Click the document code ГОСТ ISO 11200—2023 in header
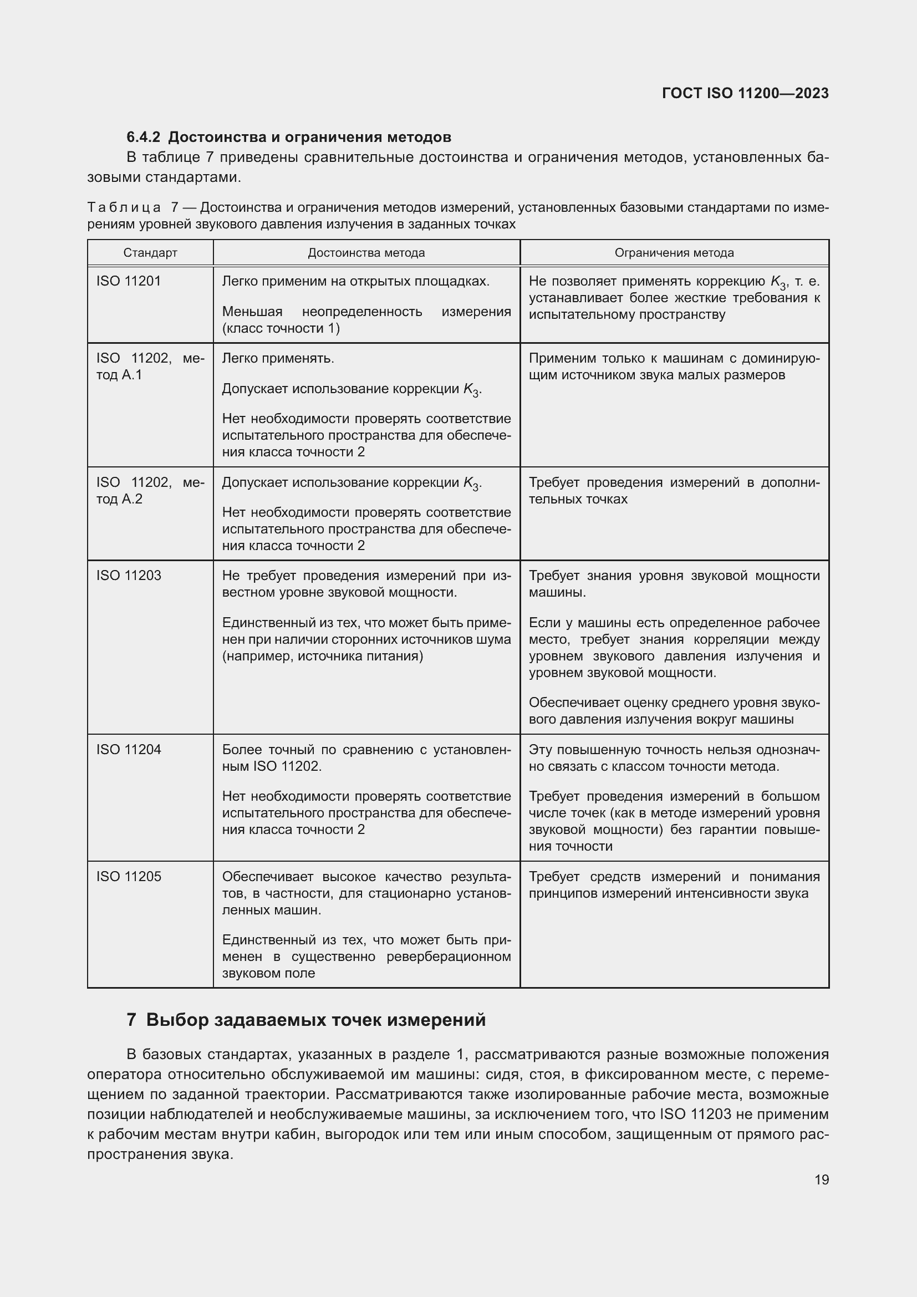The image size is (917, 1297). pyautogui.click(x=745, y=93)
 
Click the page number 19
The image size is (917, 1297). pyautogui.click(x=822, y=1179)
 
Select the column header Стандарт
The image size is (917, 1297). pyautogui.click(x=150, y=253)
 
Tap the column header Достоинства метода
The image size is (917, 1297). pyautogui.click(x=366, y=253)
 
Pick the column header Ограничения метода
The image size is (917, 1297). pyautogui.click(x=674, y=253)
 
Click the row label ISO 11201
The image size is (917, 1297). pyautogui.click(x=128, y=281)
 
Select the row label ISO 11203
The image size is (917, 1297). pyautogui.click(x=128, y=576)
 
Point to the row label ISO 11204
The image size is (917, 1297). pyautogui.click(x=128, y=750)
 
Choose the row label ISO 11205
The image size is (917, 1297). pyautogui.click(x=128, y=877)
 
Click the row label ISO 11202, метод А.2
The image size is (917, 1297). pyautogui.click(x=150, y=490)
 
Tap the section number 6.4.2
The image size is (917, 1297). pyautogui.click(x=144, y=138)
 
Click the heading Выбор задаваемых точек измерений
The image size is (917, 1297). pyautogui.click(x=315, y=1020)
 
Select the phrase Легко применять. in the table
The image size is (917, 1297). pyautogui.click(x=278, y=359)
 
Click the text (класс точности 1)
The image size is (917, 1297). pyautogui.click(x=281, y=328)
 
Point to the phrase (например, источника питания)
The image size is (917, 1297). pyautogui.click(x=323, y=656)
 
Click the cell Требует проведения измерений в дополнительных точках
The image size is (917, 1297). pyautogui.click(x=674, y=490)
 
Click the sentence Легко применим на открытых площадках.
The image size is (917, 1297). pyautogui.click(x=356, y=281)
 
